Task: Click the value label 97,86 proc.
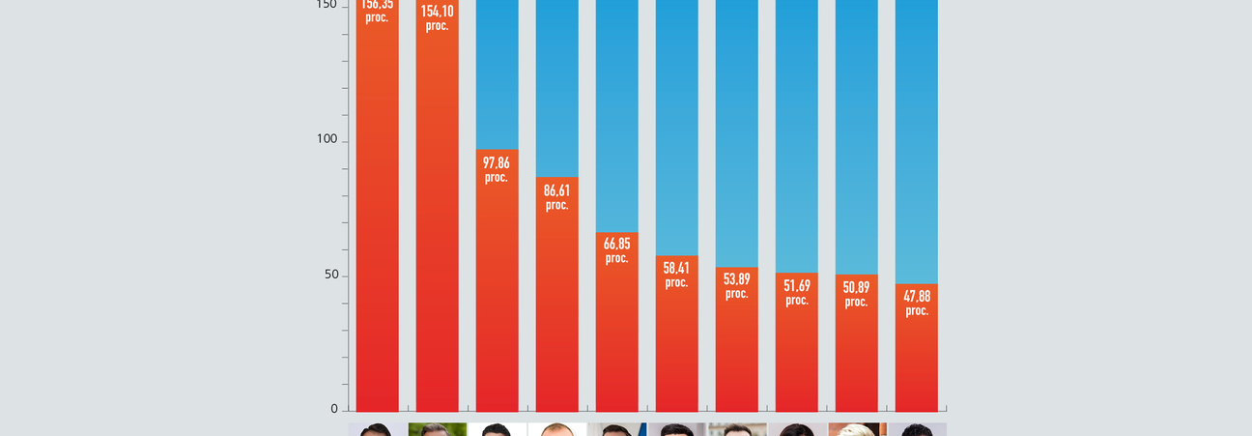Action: click(x=497, y=169)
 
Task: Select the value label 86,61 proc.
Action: click(x=556, y=197)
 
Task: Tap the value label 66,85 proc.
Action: click(x=616, y=250)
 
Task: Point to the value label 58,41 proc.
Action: click(x=676, y=275)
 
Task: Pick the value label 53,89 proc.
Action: click(x=736, y=285)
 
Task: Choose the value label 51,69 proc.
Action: click(x=796, y=292)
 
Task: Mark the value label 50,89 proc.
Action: click(x=856, y=294)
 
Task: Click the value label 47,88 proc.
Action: click(x=916, y=303)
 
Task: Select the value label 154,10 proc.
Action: click(x=437, y=17)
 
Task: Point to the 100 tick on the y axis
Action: click(x=327, y=139)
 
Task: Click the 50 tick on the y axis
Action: click(x=330, y=275)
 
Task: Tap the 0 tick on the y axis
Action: click(x=334, y=409)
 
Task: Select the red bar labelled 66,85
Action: click(x=616, y=338)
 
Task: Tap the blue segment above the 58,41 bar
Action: click(x=676, y=126)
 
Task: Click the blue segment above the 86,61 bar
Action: click(x=556, y=87)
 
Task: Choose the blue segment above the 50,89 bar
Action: click(x=856, y=135)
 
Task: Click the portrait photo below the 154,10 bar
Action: click(x=437, y=429)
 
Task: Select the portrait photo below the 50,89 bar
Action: click(x=856, y=429)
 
